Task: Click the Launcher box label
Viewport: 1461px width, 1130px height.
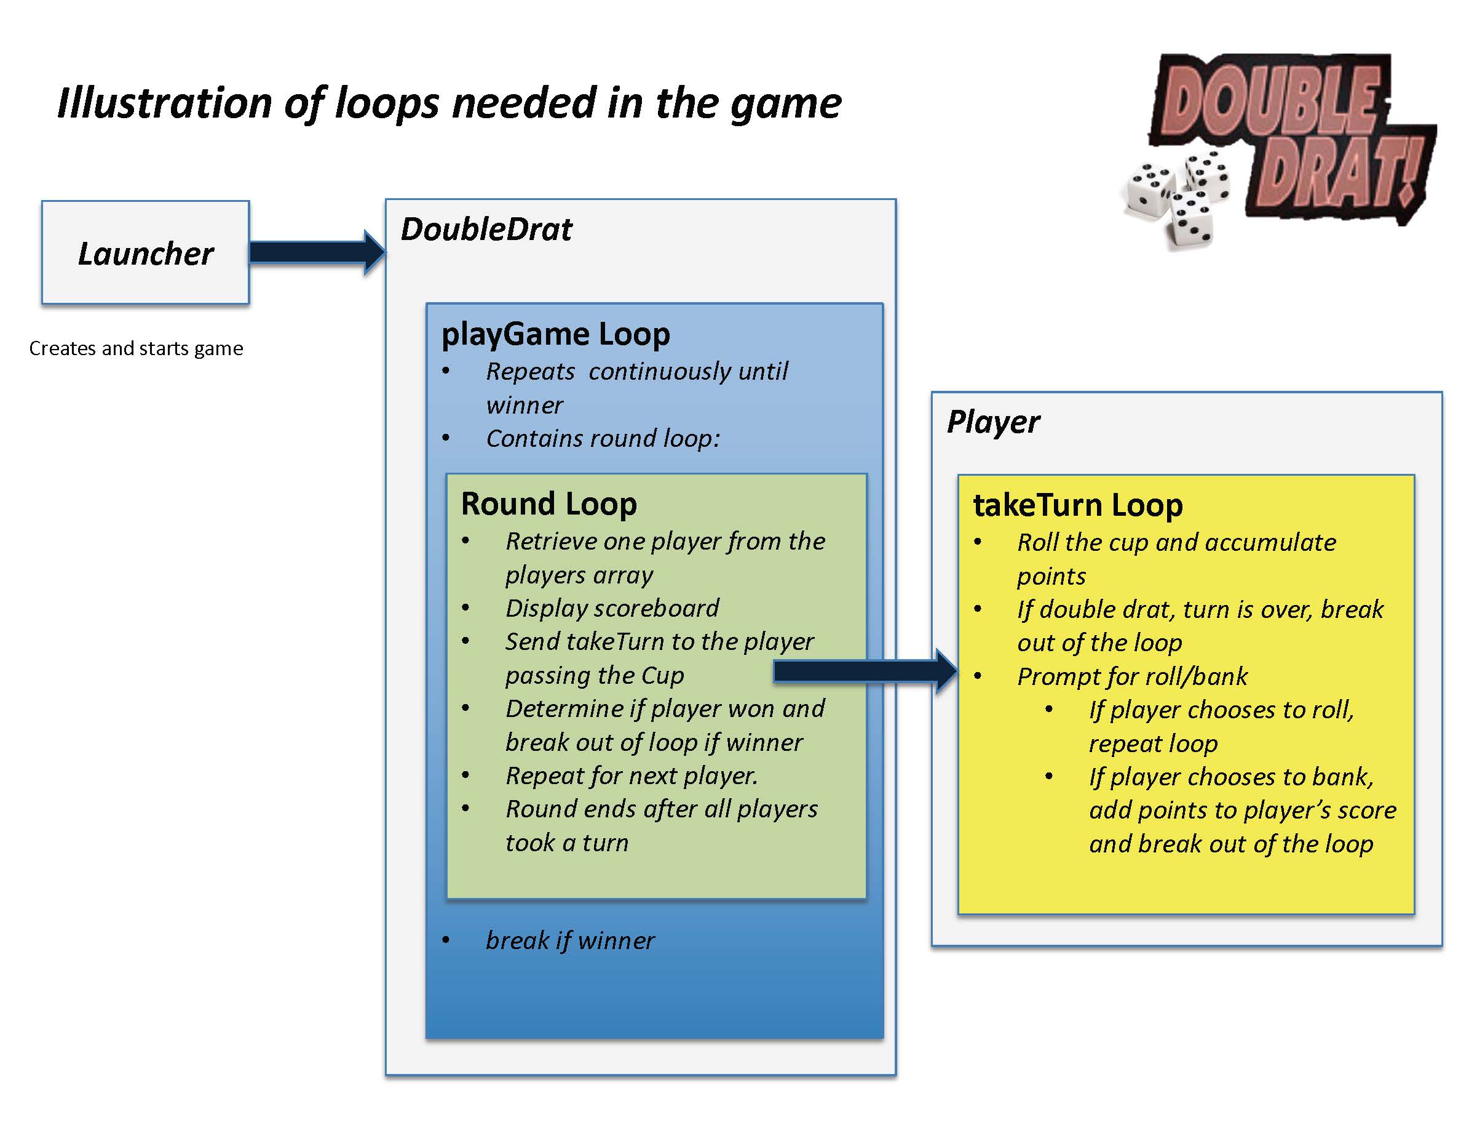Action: (x=146, y=254)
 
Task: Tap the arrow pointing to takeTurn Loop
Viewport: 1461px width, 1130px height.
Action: (x=863, y=671)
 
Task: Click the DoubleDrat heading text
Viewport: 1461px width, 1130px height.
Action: (x=486, y=230)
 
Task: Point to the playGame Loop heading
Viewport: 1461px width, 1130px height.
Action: (x=555, y=334)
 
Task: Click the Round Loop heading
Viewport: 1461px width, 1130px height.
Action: (x=548, y=503)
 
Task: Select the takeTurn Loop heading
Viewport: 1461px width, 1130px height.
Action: (x=1077, y=505)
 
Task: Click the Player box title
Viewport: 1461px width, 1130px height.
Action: (x=994, y=422)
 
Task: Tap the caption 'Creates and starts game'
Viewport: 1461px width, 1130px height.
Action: (x=136, y=348)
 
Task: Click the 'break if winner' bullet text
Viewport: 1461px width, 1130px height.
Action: (x=570, y=940)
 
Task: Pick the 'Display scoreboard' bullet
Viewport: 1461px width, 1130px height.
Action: (x=611, y=608)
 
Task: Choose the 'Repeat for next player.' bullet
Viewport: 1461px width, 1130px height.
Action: (x=631, y=775)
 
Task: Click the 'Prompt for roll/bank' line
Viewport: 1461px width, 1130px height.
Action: (x=1132, y=676)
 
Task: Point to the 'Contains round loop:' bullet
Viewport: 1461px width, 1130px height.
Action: (x=603, y=438)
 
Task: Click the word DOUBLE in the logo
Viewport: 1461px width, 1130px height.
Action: (x=1270, y=100)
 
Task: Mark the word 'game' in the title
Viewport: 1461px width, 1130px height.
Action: (x=785, y=103)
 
